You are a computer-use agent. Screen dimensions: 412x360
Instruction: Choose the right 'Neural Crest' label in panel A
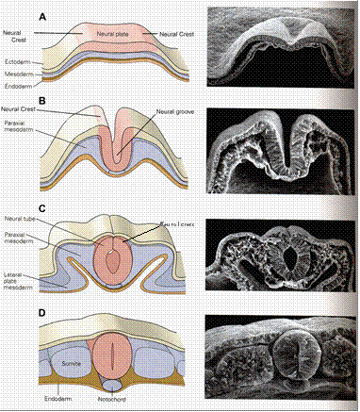point(175,35)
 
